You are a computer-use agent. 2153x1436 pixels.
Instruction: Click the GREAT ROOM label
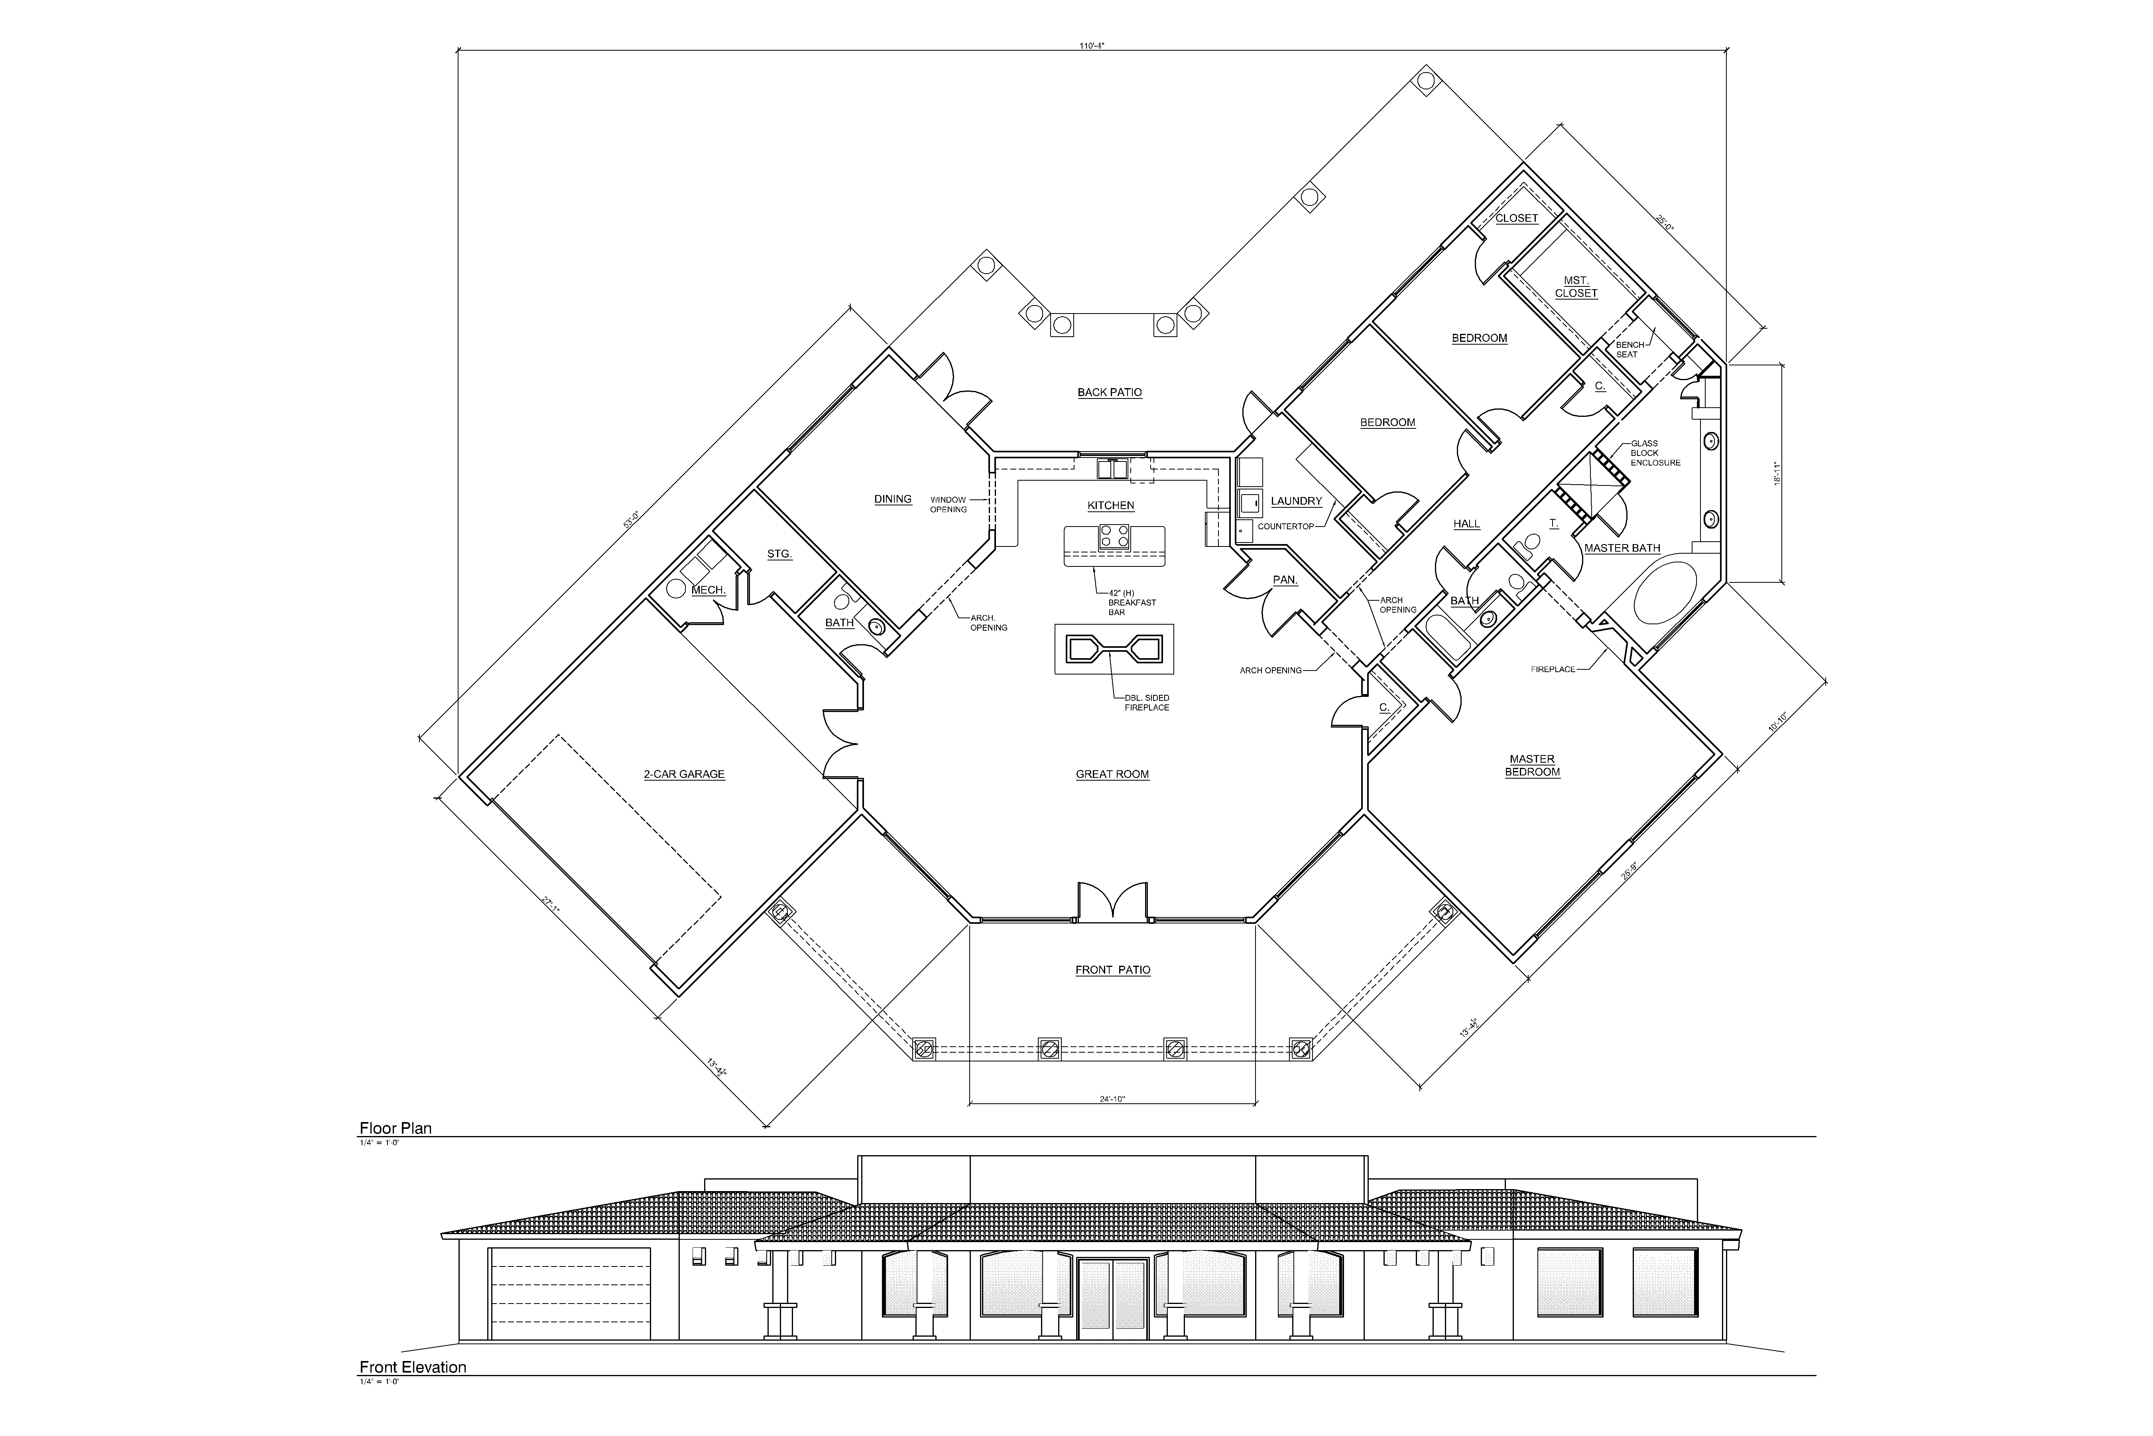tap(1112, 774)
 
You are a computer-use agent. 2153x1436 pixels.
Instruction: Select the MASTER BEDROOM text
tap(1532, 765)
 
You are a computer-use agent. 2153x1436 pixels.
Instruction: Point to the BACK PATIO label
tap(1110, 392)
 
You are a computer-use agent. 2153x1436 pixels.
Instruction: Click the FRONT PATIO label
tap(1113, 970)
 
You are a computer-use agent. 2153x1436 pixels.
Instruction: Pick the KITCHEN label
tap(1111, 505)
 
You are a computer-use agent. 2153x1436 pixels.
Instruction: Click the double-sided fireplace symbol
tap(1114, 649)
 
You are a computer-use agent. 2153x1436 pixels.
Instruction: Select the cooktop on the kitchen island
tap(1114, 535)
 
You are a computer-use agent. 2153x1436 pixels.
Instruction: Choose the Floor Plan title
tap(396, 1128)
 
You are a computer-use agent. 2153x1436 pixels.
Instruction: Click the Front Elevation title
tap(413, 1367)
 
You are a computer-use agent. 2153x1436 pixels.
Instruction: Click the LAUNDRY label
tap(1296, 501)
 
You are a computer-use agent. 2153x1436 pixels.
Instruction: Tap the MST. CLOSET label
tap(1576, 287)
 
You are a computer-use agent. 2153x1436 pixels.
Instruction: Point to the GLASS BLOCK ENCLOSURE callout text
tap(1655, 453)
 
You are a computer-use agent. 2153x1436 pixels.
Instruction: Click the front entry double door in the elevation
tap(1112, 1299)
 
